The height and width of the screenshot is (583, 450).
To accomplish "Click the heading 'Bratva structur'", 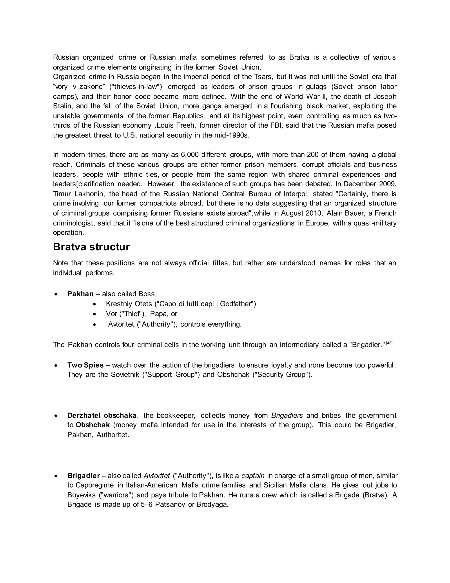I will [x=91, y=247].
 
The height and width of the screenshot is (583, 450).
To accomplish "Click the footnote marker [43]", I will [x=389, y=343].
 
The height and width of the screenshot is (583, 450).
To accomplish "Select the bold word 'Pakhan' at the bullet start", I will [x=80, y=294].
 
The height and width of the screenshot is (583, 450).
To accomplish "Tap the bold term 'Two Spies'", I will [x=85, y=365].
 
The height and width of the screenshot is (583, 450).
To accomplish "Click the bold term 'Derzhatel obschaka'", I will [x=102, y=415].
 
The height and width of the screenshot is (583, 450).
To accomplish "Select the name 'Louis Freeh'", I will [x=176, y=125].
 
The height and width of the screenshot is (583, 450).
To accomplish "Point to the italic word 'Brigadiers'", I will [x=287, y=415].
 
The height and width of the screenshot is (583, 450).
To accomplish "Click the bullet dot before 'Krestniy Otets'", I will [x=94, y=304].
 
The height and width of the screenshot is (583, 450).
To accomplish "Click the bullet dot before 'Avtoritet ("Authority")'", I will [x=94, y=324].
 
